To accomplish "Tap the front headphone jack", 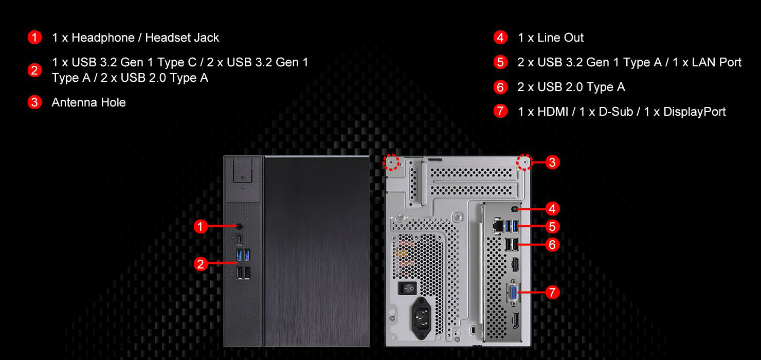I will pyautogui.click(x=240, y=226).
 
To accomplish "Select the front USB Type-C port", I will pyautogui.click(x=240, y=240).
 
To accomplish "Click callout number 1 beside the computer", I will pyautogui.click(x=201, y=226).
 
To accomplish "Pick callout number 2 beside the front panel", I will pyautogui.click(x=201, y=264).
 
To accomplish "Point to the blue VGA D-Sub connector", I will pyautogui.click(x=513, y=292).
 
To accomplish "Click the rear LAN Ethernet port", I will pyautogui.click(x=498, y=225).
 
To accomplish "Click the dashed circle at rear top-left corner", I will pyautogui.click(x=392, y=163).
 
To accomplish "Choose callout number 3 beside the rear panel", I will pyautogui.click(x=552, y=163).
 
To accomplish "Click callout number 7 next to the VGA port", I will pyautogui.click(x=552, y=293).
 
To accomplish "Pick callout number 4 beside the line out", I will pyautogui.click(x=552, y=209).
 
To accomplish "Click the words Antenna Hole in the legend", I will pyautogui.click(x=88, y=102).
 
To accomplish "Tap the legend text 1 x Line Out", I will pyautogui.click(x=550, y=38).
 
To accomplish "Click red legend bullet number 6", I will pyautogui.click(x=500, y=87).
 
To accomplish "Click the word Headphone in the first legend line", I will pyautogui.click(x=97, y=38).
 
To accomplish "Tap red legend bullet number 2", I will pyautogui.click(x=34, y=70).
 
